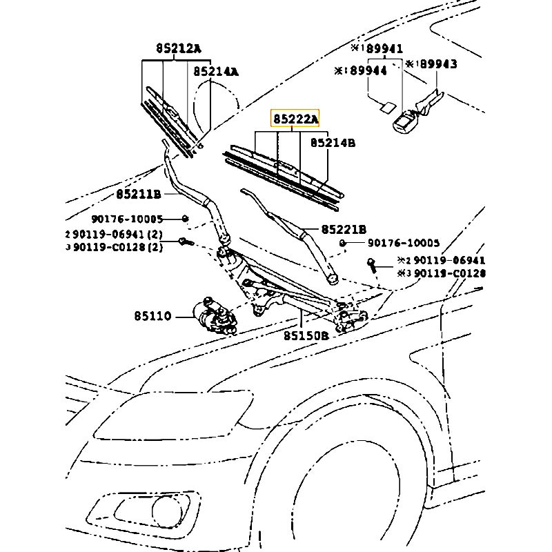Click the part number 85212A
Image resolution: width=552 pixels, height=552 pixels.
pos(177,48)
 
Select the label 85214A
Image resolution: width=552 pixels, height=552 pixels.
pos(215,71)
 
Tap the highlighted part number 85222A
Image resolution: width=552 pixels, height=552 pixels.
pos(296,119)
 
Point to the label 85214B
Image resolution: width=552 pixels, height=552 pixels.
pos(333,143)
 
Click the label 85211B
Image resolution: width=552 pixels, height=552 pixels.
pos(138,194)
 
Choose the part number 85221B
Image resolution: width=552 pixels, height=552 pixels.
pos(343,229)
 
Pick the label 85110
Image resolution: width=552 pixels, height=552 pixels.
pos(152,317)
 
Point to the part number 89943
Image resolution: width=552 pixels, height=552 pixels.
pos(435,64)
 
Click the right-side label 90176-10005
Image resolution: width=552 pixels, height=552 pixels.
pos(403,243)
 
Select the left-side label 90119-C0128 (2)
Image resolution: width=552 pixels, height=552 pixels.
pos(115,247)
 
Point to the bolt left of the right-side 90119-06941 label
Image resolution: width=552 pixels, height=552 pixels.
pos(372,263)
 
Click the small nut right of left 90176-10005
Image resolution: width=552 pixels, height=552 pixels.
pos(185,219)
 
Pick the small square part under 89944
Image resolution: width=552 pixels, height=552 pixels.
pos(387,106)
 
